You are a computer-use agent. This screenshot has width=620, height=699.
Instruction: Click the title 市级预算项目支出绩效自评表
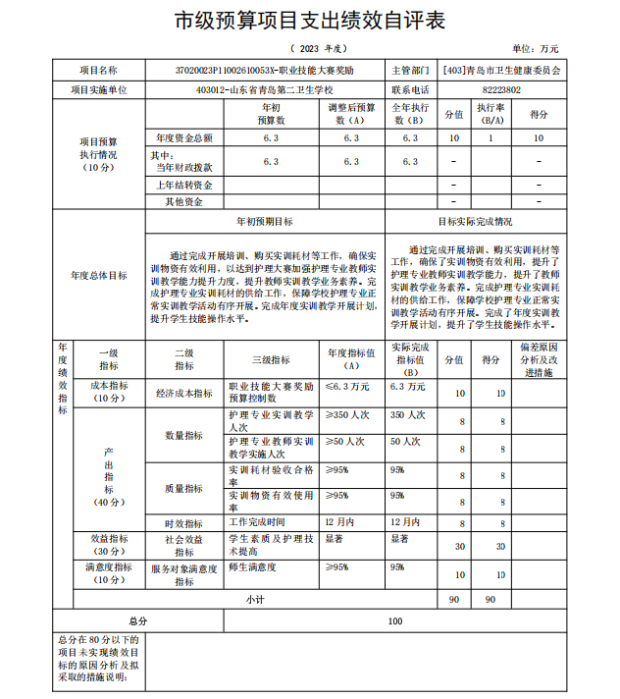click(x=309, y=20)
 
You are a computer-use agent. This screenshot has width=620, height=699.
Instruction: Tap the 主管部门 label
click(x=410, y=71)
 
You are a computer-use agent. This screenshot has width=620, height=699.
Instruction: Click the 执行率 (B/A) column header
click(x=491, y=113)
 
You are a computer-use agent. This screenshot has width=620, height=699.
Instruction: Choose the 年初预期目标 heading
click(x=265, y=222)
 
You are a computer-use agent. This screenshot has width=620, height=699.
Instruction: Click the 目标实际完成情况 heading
click(x=475, y=222)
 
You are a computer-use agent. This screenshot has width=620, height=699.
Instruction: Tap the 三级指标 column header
click(x=270, y=360)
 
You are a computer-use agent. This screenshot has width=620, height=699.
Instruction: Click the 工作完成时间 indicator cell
click(x=257, y=521)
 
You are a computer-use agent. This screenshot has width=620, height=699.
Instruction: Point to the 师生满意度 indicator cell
click(x=253, y=566)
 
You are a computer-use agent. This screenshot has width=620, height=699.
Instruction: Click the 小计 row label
click(x=256, y=598)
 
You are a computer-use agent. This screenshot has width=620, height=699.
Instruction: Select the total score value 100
click(x=395, y=620)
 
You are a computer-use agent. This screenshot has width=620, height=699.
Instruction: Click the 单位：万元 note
click(x=536, y=48)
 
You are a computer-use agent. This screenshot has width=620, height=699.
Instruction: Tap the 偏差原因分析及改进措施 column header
click(x=540, y=360)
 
